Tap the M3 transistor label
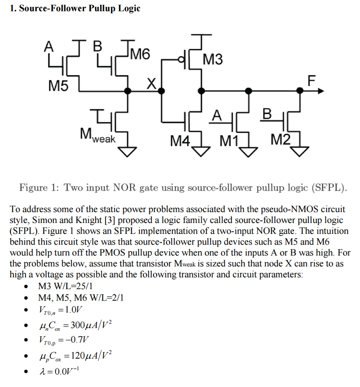pyautogui.click(x=213, y=60)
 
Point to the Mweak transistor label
pyautogui.click(x=97, y=135)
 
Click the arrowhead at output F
pyautogui.click(x=321, y=91)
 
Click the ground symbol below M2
pyautogui.click(x=300, y=152)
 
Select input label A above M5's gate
pyautogui.click(x=48, y=46)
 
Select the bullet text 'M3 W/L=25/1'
pyautogui.click(x=63, y=286)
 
